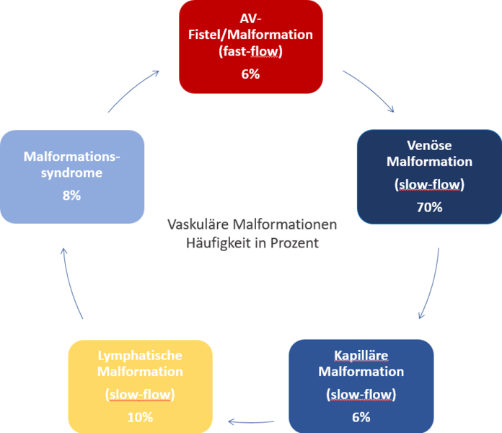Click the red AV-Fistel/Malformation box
(250, 46)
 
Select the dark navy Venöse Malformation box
(429, 176)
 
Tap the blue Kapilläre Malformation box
(361, 386)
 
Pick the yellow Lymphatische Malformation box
(141, 386)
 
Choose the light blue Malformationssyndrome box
(72, 176)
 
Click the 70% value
(429, 208)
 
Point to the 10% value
(141, 416)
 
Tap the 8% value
(72, 195)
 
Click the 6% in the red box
(250, 74)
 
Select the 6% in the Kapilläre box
(361, 416)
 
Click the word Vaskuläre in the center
(196, 225)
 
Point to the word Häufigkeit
(216, 243)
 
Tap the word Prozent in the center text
(296, 243)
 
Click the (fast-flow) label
(250, 51)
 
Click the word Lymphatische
(141, 356)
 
